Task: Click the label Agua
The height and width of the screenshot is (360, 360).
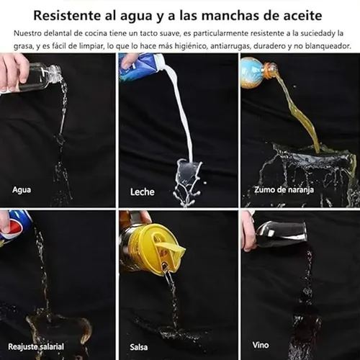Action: [22, 190]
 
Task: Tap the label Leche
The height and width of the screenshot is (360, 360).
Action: [143, 192]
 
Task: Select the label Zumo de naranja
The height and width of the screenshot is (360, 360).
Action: [284, 189]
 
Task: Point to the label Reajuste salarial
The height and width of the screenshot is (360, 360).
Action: [36, 346]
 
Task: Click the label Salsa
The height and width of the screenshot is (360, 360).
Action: [139, 347]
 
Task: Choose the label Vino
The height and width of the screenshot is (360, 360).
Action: [261, 345]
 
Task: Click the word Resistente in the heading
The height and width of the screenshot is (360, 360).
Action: [67, 16]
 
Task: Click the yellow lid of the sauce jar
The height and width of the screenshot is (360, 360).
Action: [157, 248]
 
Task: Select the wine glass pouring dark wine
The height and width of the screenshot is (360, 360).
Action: [281, 235]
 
